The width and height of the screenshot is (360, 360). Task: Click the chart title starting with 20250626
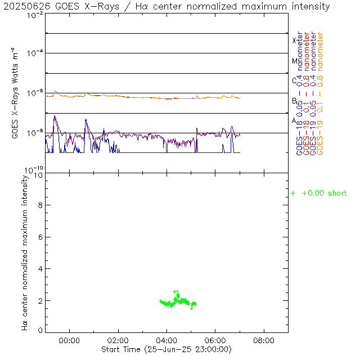pos(166,6)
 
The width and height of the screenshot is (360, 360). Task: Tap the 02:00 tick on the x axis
pos(118,340)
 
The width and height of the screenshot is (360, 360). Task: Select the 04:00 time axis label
pos(167,340)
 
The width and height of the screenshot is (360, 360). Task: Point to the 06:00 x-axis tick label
pos(215,340)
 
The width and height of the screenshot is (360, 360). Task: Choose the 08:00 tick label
pos(264,340)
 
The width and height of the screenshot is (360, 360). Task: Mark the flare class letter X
pos(294,40)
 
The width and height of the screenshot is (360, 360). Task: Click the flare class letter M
pos(294,61)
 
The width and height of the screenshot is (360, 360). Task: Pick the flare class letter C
pos(294,80)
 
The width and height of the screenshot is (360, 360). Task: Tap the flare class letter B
pos(294,101)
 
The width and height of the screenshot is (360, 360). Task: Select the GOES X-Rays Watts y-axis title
pos(16,93)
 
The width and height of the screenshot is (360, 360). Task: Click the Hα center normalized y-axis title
pos(25,251)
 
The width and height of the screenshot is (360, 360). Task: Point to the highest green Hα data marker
pos(175,291)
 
